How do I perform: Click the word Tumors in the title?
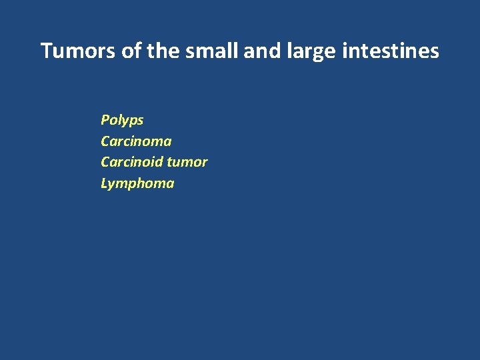79,51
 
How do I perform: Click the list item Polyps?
122,121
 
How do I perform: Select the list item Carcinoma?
136,141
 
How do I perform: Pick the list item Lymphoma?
137,183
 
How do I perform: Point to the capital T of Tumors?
47,51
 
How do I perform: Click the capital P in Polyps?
105,120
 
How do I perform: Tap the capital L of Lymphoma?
104,183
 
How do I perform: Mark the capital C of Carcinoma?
105,141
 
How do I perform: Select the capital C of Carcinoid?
105,162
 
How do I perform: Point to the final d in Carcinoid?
158,162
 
